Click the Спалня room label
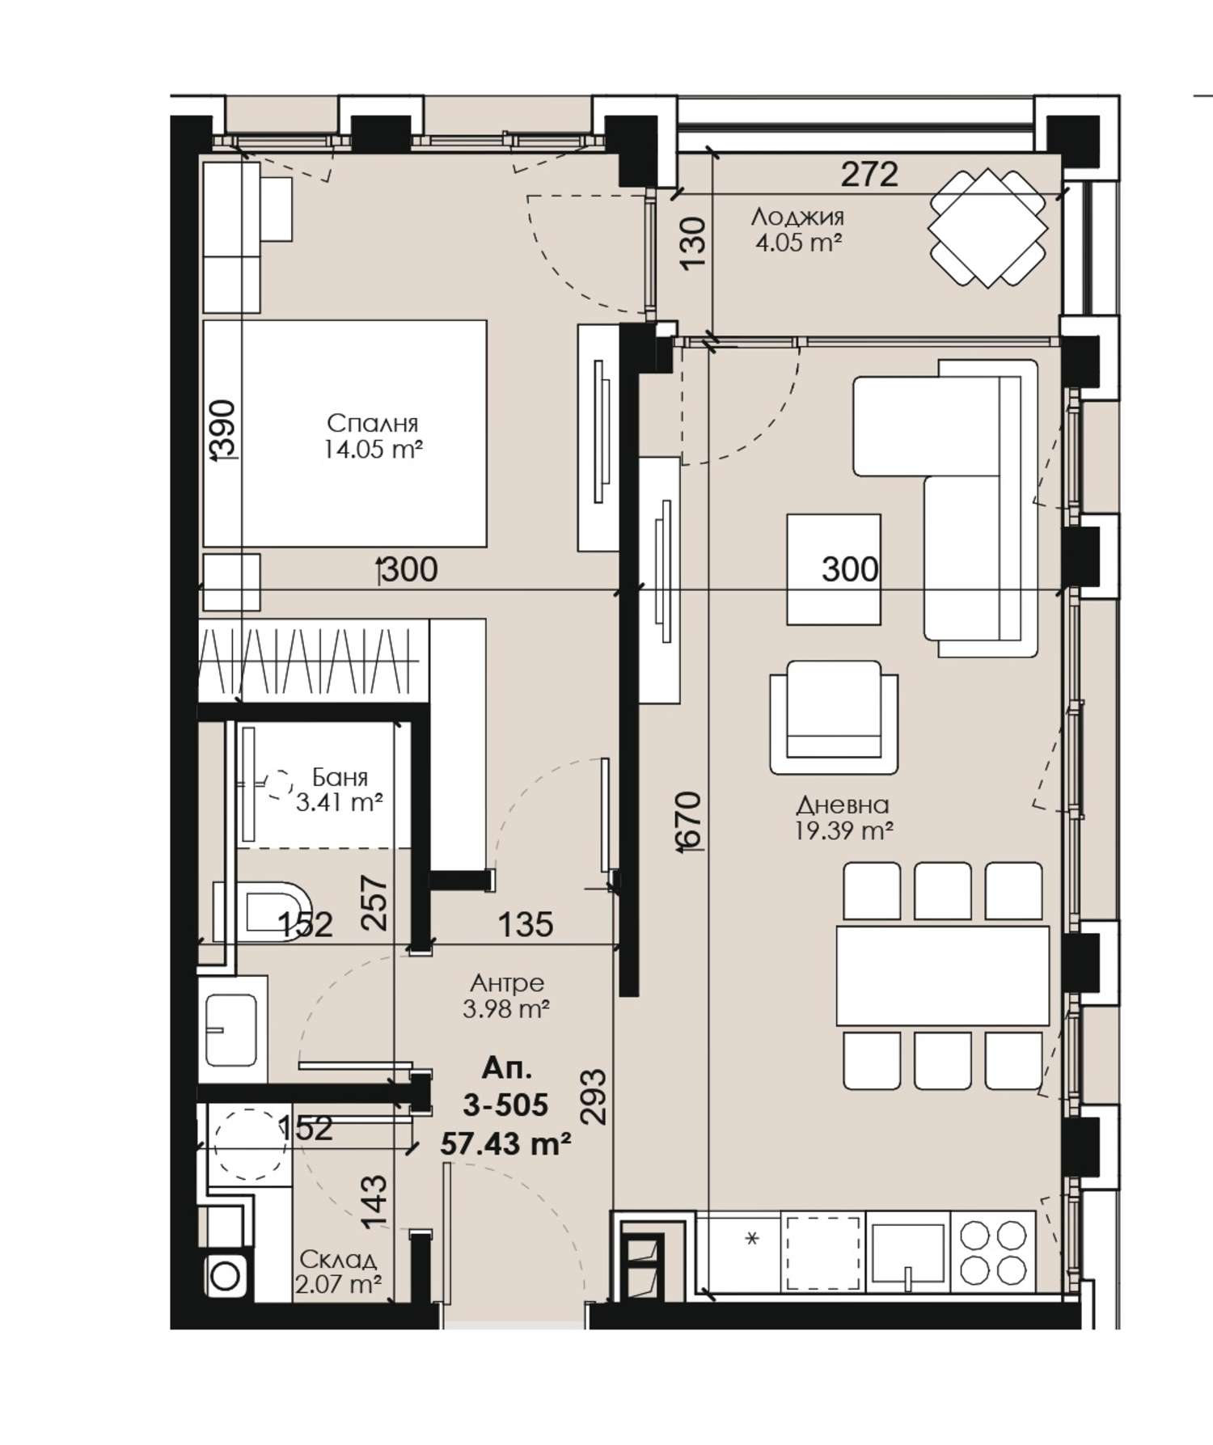click(x=373, y=423)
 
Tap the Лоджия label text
click(x=797, y=217)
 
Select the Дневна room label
click(x=843, y=805)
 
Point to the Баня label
click(x=340, y=778)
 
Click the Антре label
click(x=507, y=983)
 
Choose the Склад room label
click(x=338, y=1259)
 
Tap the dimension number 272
click(x=869, y=174)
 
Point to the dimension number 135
click(x=526, y=923)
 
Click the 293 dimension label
click(x=594, y=1096)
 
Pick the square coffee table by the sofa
click(x=834, y=568)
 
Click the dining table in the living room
click(x=943, y=975)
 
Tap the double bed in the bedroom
click(x=344, y=433)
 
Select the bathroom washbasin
click(x=232, y=1029)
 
